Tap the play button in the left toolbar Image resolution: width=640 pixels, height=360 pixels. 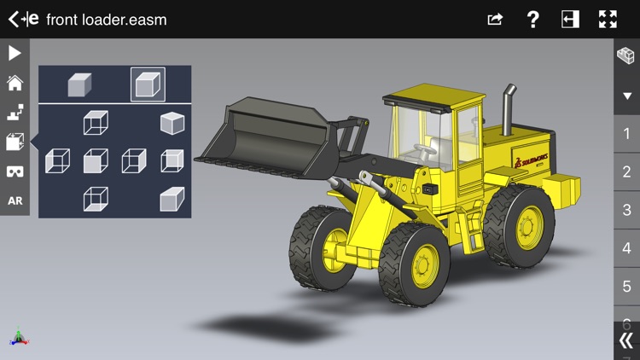[x=15, y=53]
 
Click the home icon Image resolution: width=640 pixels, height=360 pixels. [x=15, y=83]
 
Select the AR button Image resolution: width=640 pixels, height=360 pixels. [x=15, y=200]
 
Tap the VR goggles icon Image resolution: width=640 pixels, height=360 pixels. [x=15, y=171]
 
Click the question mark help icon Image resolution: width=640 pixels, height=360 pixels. [x=532, y=19]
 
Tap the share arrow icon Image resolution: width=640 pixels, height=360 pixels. [x=495, y=19]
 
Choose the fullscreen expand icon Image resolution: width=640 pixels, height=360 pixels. [x=608, y=19]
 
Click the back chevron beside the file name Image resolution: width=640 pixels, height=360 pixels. [x=13, y=19]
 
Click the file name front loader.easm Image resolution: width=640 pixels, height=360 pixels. [x=107, y=20]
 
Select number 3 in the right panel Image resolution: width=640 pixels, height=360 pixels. [x=627, y=210]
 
